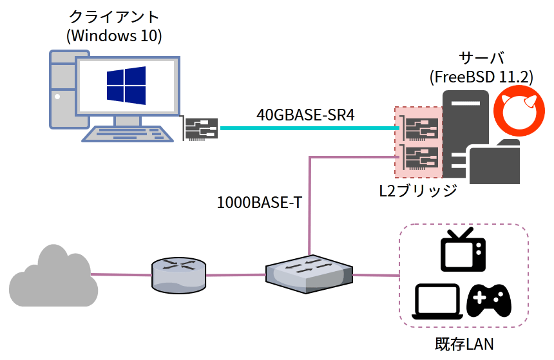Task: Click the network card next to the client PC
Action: pyautogui.click(x=202, y=129)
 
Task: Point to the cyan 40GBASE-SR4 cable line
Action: pyautogui.click(x=306, y=128)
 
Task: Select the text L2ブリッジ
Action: pyautogui.click(x=418, y=191)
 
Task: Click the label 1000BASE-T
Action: pyautogui.click(x=260, y=203)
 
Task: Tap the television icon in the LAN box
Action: pyautogui.click(x=463, y=250)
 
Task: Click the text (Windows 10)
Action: pyautogui.click(x=114, y=35)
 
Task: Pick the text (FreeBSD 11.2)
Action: pyautogui.click(x=481, y=77)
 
